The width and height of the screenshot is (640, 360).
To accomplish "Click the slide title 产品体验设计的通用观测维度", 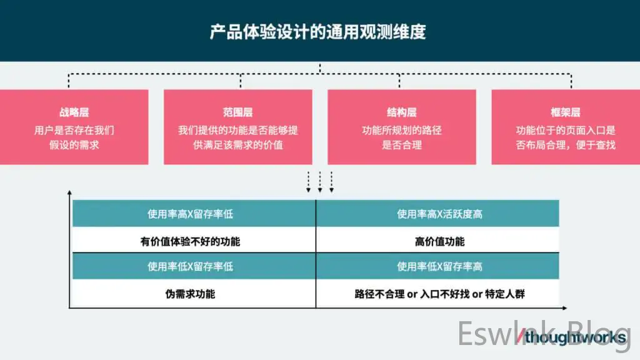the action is [x=318, y=32].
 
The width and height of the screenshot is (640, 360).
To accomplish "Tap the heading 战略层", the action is [x=74, y=112].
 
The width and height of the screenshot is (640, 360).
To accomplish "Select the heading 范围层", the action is [x=237, y=112].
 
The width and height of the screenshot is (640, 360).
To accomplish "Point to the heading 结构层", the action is [x=402, y=112].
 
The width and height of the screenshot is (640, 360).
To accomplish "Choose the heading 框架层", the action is [x=565, y=112].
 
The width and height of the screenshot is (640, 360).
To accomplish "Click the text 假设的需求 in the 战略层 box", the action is [x=74, y=145].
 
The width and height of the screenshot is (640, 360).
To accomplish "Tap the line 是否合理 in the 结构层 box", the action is [x=402, y=145].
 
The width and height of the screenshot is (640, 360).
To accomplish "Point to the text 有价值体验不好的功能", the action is [x=190, y=242].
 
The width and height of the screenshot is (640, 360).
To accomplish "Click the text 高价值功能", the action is [x=439, y=242].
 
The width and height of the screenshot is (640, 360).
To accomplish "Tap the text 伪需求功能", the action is [x=190, y=294].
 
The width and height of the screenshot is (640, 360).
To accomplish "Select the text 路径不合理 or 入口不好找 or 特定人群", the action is [x=439, y=294].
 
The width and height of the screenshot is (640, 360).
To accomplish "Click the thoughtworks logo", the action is [x=571, y=337].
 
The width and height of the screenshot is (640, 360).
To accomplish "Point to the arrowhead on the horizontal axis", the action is [x=565, y=308].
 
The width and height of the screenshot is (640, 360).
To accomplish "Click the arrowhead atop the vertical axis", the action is [x=69, y=192].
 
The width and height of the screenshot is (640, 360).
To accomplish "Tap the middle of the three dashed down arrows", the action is [x=320, y=182].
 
